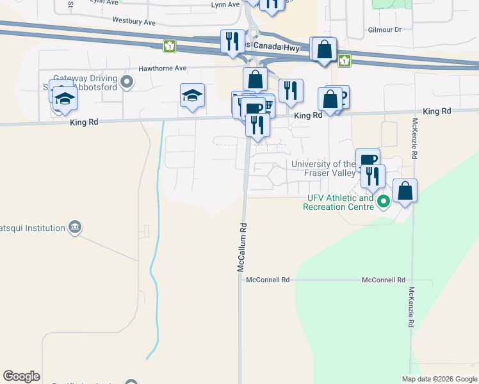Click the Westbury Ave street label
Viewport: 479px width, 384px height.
click(134, 22)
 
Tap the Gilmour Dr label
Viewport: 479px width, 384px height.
click(384, 30)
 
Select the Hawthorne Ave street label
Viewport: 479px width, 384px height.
click(163, 68)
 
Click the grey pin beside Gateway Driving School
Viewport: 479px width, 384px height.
click(126, 81)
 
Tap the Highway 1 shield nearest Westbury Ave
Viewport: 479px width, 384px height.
click(169, 45)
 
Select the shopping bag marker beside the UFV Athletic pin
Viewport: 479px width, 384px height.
click(405, 191)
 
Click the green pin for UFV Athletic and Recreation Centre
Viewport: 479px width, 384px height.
click(384, 203)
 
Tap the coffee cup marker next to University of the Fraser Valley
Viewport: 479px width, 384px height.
click(368, 160)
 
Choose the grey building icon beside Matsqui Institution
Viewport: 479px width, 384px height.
click(76, 227)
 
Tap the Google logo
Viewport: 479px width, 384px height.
click(21, 376)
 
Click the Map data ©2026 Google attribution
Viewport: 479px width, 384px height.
click(439, 378)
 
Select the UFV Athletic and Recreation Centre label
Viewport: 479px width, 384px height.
click(338, 203)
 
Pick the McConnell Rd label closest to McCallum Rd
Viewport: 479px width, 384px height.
click(268, 280)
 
